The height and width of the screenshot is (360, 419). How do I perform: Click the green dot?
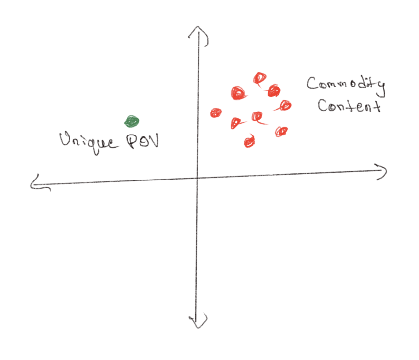click(x=132, y=121)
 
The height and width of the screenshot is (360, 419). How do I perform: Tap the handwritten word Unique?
click(x=88, y=142)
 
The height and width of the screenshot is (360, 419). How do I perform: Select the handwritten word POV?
click(x=142, y=141)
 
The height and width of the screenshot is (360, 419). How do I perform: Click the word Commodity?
click(x=346, y=85)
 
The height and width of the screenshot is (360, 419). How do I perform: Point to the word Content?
click(x=349, y=106)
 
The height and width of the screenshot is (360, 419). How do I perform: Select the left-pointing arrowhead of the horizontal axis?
click(x=40, y=183)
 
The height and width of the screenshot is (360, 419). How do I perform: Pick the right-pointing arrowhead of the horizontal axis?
click(x=381, y=172)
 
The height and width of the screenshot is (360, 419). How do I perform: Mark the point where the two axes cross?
click(x=197, y=178)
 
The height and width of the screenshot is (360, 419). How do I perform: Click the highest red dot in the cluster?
click(x=259, y=79)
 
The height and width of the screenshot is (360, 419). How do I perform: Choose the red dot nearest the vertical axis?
click(x=216, y=112)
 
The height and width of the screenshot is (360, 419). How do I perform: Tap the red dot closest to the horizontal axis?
click(x=250, y=141)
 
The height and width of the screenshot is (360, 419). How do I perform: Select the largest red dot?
click(x=238, y=93)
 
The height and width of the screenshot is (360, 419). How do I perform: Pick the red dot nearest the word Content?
click(x=284, y=106)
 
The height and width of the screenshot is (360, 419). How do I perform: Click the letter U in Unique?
click(x=65, y=139)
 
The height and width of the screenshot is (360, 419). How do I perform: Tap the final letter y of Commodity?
click(x=381, y=89)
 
